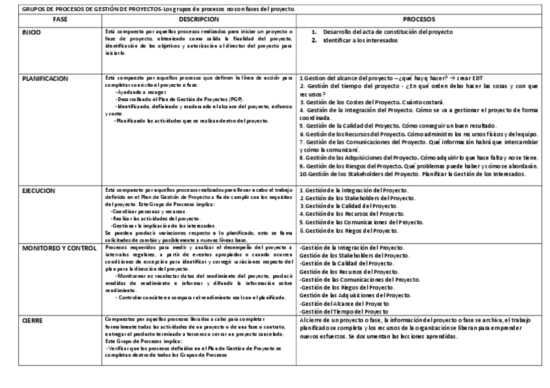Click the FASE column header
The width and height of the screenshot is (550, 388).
60,19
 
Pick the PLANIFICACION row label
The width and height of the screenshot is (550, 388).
45,78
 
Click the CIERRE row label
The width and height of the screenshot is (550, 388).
32,320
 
